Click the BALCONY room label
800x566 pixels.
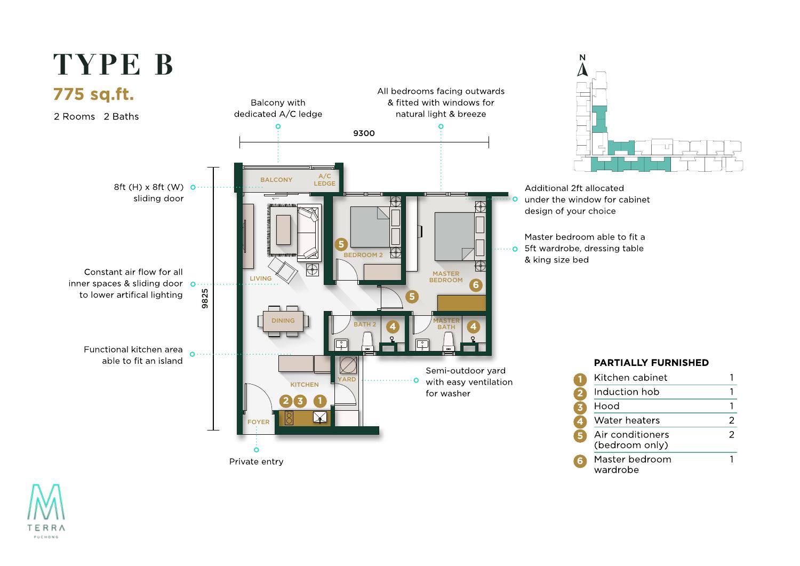[x=276, y=180]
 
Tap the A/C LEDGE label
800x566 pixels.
[x=324, y=180]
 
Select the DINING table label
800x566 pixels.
[x=283, y=321]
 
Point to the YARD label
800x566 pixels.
[x=347, y=379]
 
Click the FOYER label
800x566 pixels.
[x=258, y=422]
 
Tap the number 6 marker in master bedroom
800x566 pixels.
[x=476, y=285]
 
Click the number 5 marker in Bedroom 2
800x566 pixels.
[x=341, y=244]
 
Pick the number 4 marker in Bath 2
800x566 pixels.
[x=393, y=326]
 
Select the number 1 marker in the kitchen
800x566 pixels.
[x=320, y=401]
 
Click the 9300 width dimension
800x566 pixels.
[x=364, y=133]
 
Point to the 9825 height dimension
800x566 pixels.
[x=205, y=298]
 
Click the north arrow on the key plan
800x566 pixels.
[x=582, y=69]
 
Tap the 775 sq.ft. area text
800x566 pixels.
[x=93, y=94]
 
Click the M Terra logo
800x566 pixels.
[x=46, y=511]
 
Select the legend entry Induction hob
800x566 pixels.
[x=627, y=392]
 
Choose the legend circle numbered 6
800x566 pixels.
[x=580, y=461]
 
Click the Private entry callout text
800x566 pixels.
[x=256, y=461]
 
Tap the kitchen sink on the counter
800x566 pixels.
[x=319, y=417]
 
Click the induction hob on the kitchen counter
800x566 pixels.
[x=289, y=418]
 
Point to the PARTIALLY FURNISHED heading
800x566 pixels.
[x=651, y=363]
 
